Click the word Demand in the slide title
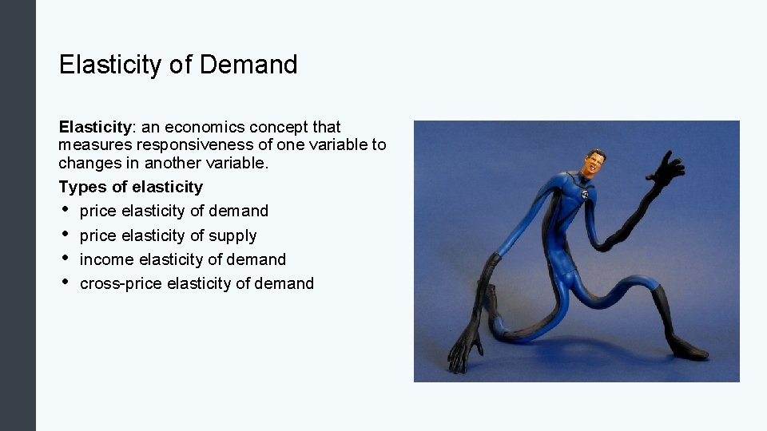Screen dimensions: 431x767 point(248,65)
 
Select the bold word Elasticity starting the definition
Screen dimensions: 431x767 point(95,127)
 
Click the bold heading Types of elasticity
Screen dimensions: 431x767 point(131,187)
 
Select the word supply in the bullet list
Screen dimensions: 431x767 point(232,235)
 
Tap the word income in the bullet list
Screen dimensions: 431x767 point(107,259)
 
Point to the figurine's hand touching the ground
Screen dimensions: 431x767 point(467,351)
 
